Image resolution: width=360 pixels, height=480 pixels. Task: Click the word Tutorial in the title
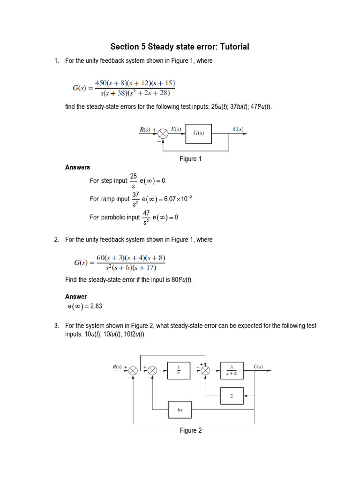coord(234,46)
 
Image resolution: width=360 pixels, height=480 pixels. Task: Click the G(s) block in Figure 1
coord(198,134)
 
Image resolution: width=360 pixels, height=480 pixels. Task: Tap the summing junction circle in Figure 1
coord(163,134)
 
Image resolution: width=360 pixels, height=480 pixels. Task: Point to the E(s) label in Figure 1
coord(176,129)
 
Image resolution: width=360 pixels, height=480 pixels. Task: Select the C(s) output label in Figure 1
coord(238,129)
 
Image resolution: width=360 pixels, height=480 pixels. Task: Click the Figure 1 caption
coord(190,158)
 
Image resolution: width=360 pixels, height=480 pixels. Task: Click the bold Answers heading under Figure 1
coord(77,167)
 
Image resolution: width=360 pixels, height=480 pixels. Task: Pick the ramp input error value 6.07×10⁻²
coord(178,199)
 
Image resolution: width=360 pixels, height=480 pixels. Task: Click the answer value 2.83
coord(96,306)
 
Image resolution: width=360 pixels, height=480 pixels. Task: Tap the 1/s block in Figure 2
coord(179,370)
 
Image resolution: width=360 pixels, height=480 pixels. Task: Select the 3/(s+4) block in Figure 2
coord(232,370)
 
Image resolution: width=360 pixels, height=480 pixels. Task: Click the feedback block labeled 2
coord(232,396)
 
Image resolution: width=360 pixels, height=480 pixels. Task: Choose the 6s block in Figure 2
coord(180,410)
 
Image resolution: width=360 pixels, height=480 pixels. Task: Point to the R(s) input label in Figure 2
coord(117,367)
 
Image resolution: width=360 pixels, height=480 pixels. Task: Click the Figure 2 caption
coord(191,430)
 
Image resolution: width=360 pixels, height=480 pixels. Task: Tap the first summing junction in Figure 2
coord(133,371)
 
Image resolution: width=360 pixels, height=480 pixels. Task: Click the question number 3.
coord(57,325)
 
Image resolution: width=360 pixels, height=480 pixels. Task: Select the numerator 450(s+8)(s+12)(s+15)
coord(135,83)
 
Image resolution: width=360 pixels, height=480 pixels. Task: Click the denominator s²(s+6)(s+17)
coord(131,268)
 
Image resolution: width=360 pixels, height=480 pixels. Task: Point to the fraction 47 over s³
coord(146,217)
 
